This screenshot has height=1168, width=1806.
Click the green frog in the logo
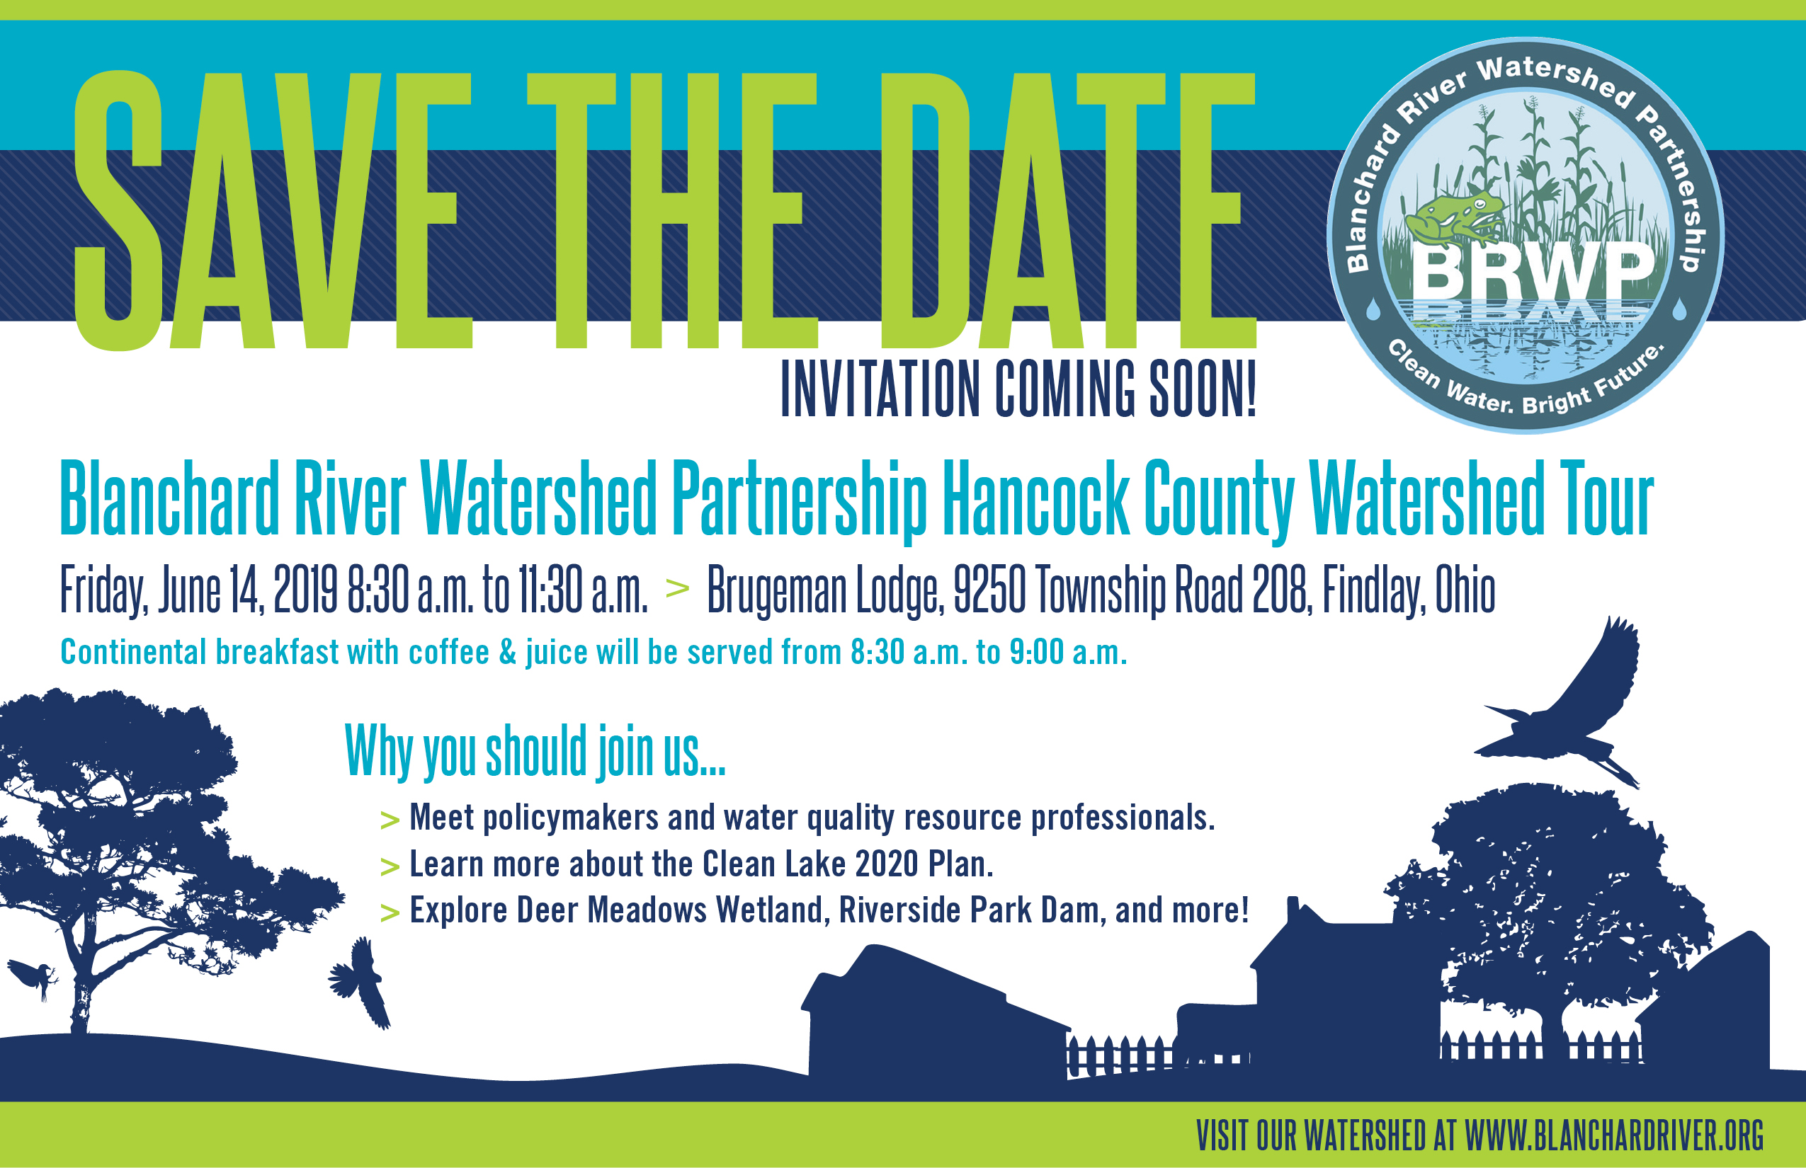[1453, 216]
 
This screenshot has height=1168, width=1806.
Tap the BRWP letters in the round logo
[1533, 272]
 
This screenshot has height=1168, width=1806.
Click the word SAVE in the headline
[273, 211]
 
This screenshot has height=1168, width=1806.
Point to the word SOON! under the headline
[1203, 389]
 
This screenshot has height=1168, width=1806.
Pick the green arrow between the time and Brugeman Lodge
[677, 588]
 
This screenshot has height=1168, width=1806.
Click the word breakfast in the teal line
[276, 652]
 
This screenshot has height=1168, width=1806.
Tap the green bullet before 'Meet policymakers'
[390, 820]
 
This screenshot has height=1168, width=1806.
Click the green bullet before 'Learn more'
[390, 866]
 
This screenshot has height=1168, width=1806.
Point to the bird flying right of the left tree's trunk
[360, 983]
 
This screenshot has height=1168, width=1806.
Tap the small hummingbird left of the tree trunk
[34, 978]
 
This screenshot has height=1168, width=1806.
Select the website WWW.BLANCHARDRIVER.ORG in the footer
[1614, 1135]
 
